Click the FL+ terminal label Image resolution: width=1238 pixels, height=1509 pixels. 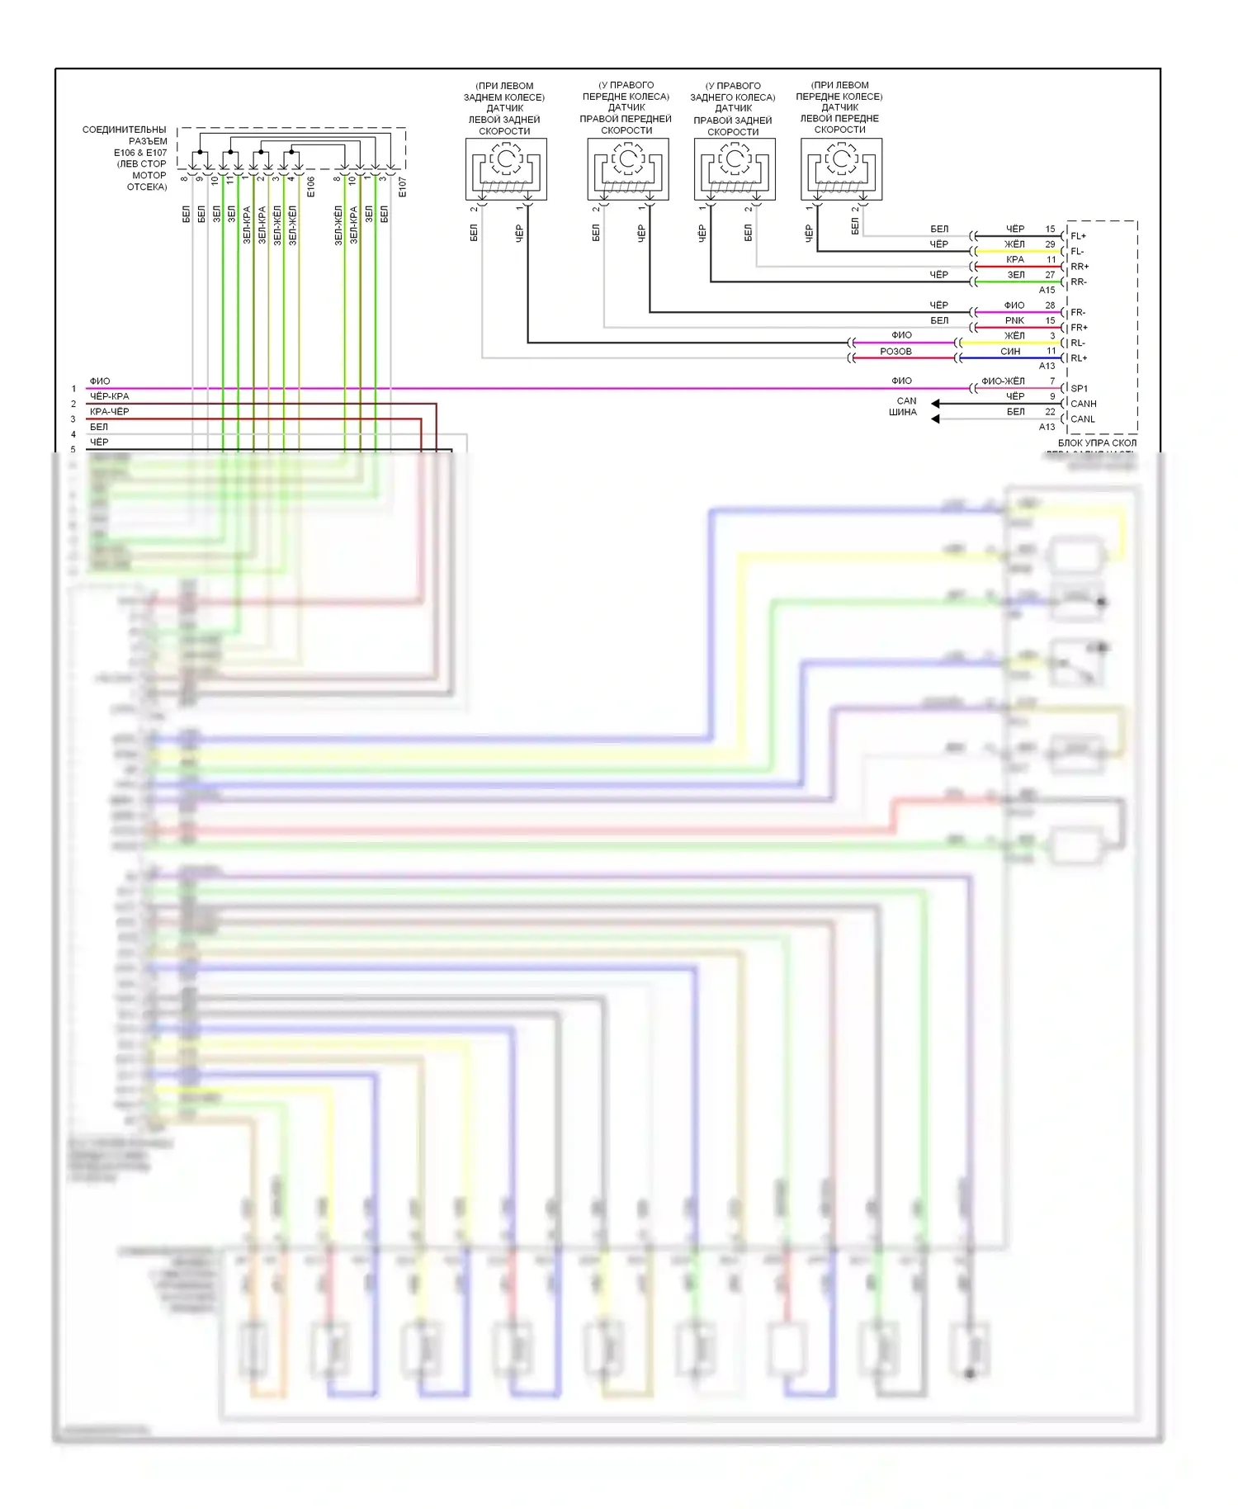pyautogui.click(x=1078, y=236)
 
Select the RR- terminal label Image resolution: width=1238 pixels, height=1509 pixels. pyautogui.click(x=1079, y=282)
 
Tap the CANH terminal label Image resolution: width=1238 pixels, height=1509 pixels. pyautogui.click(x=1083, y=404)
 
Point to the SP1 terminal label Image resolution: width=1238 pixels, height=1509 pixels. pyautogui.click(x=1079, y=388)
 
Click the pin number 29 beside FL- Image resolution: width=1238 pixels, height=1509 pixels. pyautogui.click(x=1050, y=244)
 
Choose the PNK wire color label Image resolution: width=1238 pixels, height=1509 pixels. pyautogui.click(x=1014, y=320)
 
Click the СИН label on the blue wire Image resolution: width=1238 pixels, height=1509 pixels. pyautogui.click(x=1010, y=351)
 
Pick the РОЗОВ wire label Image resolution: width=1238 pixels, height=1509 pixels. pyautogui.click(x=895, y=351)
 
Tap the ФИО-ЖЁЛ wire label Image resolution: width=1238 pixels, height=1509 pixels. pyautogui.click(x=1003, y=381)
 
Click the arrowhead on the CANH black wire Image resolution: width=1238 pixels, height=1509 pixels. pyautogui.click(x=935, y=404)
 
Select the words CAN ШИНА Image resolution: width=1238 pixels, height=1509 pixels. pyautogui.click(x=905, y=406)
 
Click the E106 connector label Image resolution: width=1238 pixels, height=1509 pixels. pyautogui.click(x=310, y=187)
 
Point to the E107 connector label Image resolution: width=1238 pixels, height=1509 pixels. pyautogui.click(x=402, y=187)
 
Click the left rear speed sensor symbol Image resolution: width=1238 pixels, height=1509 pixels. pyautogui.click(x=506, y=168)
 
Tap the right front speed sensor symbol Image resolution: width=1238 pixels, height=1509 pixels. pyautogui.click(x=627, y=168)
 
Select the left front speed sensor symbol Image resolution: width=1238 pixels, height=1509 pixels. pyautogui.click(x=841, y=168)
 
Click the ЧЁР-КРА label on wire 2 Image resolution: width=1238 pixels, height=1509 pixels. pyautogui.click(x=109, y=396)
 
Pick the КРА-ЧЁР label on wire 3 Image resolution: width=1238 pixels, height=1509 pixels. pyautogui.click(x=109, y=411)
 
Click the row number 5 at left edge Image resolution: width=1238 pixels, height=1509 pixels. pyautogui.click(x=73, y=450)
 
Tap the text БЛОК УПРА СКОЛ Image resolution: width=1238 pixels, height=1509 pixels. pyautogui.click(x=1097, y=443)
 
